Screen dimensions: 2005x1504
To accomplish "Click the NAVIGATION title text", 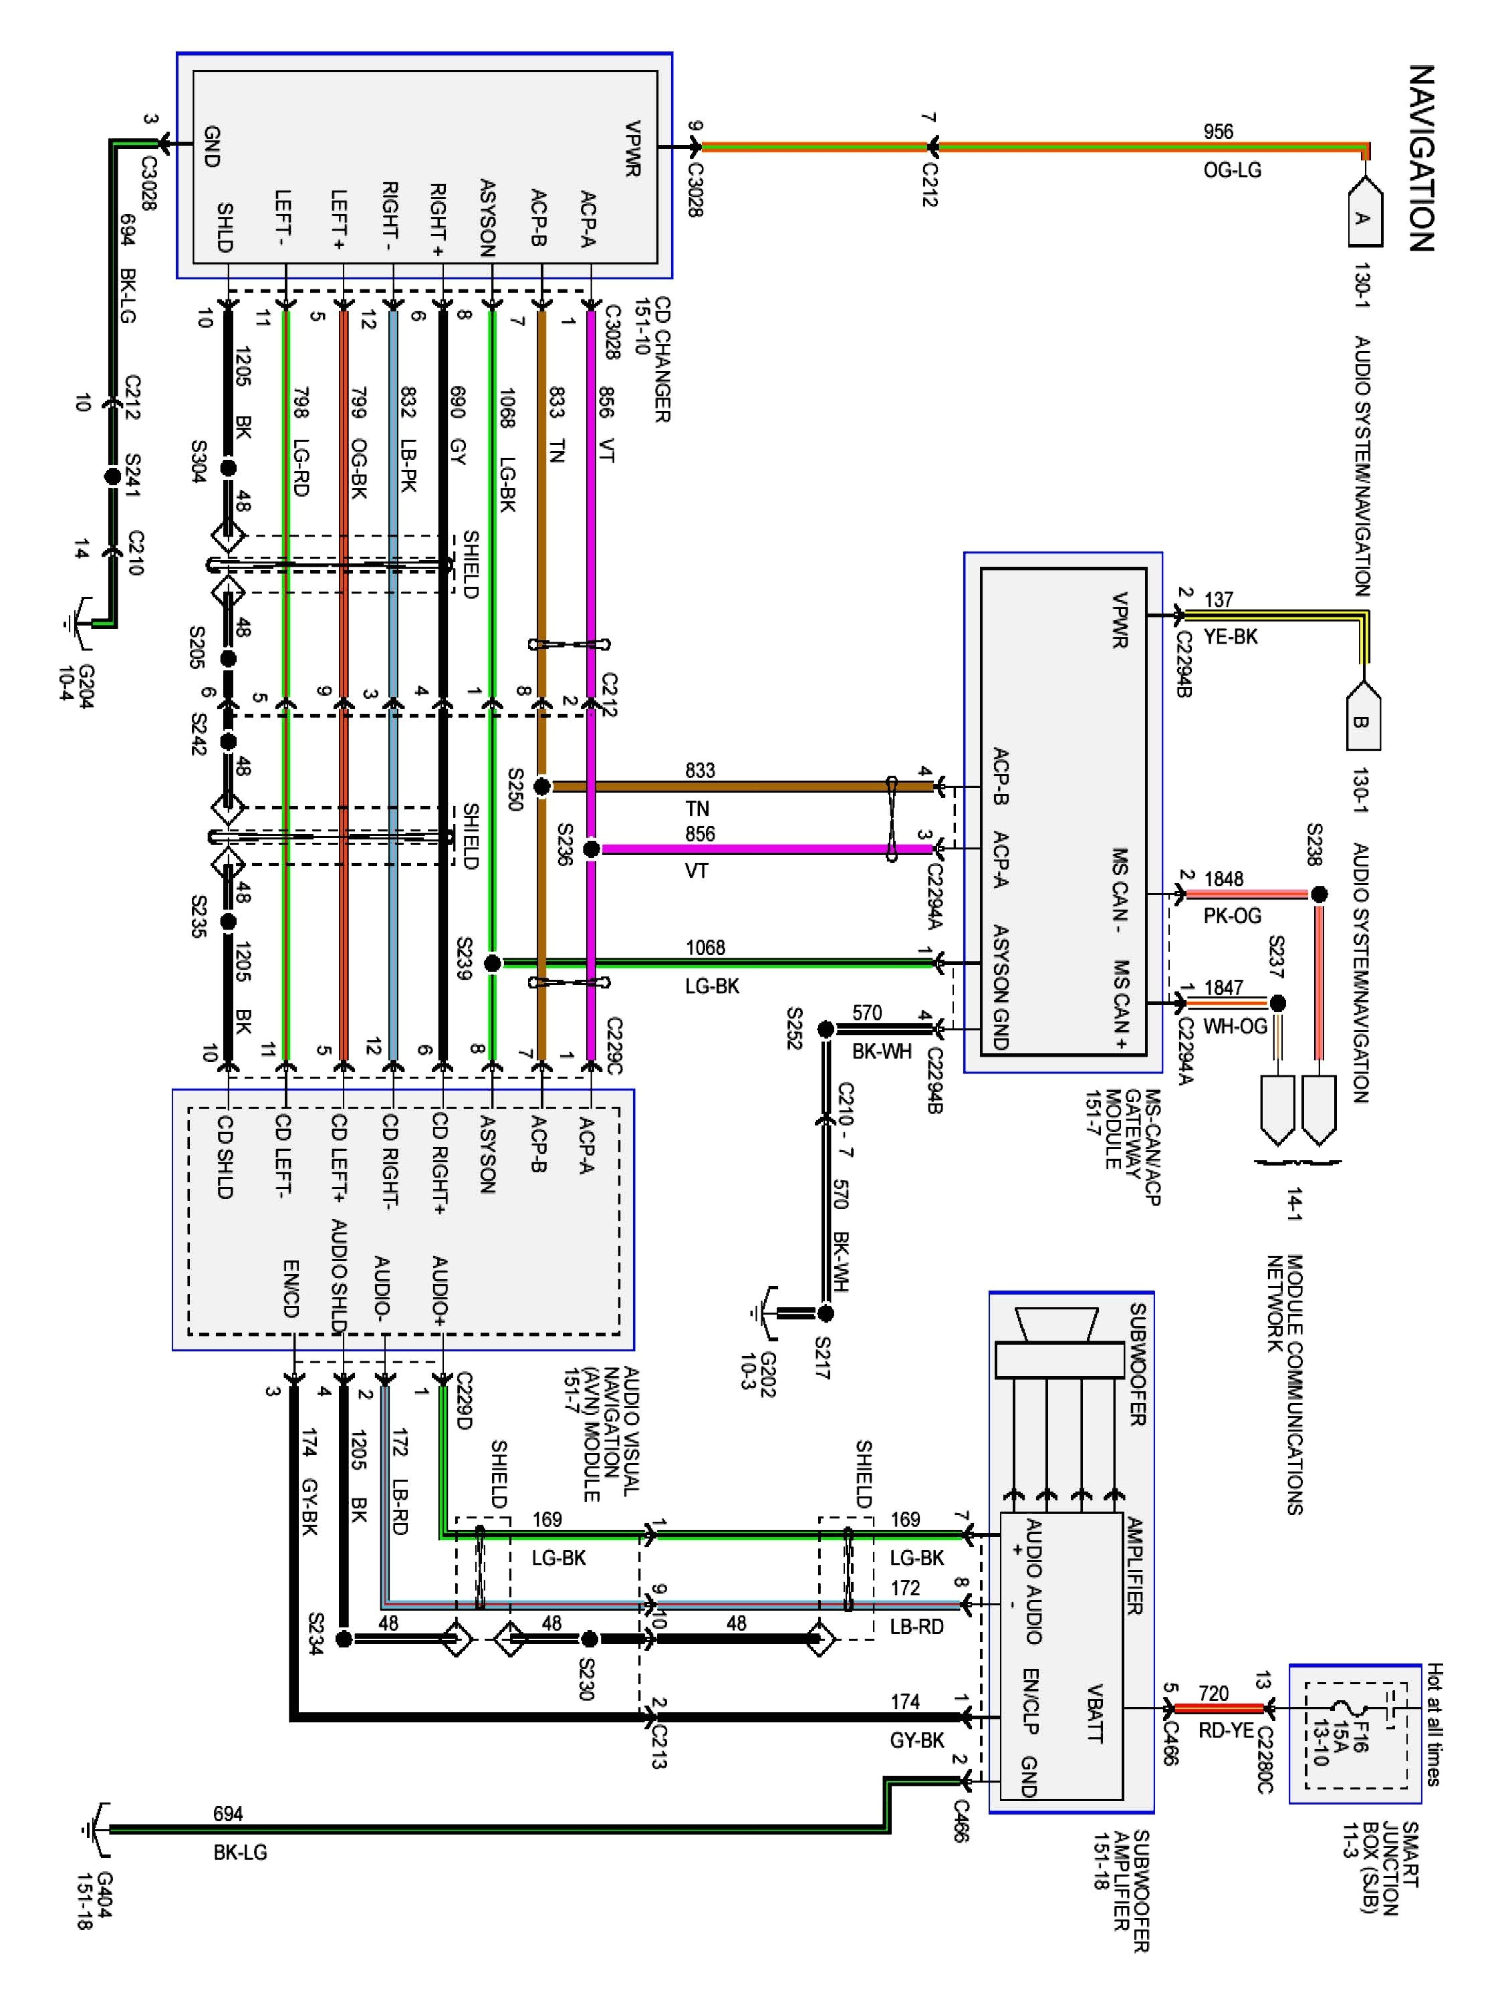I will coord(1422,157).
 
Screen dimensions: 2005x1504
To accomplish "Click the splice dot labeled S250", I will coord(541,786).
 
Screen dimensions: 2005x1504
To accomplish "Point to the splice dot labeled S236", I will coord(590,849).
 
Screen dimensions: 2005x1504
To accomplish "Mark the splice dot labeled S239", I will coord(492,962).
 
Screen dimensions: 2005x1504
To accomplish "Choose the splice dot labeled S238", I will coord(1319,895).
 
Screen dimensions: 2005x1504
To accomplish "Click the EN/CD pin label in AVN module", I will coord(290,1288).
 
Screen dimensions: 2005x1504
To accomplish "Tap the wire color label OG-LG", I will coord(1232,170).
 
